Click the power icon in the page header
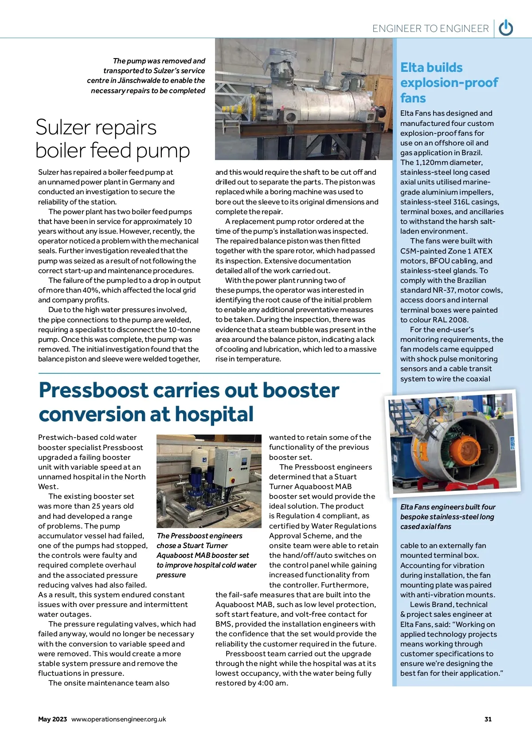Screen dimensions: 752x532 [506, 28]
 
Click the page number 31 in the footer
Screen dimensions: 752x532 [488, 719]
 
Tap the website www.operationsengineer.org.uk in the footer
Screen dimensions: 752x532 [118, 719]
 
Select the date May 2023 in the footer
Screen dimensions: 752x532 [52, 719]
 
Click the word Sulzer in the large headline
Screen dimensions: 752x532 [63, 128]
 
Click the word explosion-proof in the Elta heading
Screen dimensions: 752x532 [449, 83]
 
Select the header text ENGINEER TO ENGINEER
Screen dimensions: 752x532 [430, 29]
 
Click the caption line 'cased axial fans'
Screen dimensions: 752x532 [426, 527]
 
